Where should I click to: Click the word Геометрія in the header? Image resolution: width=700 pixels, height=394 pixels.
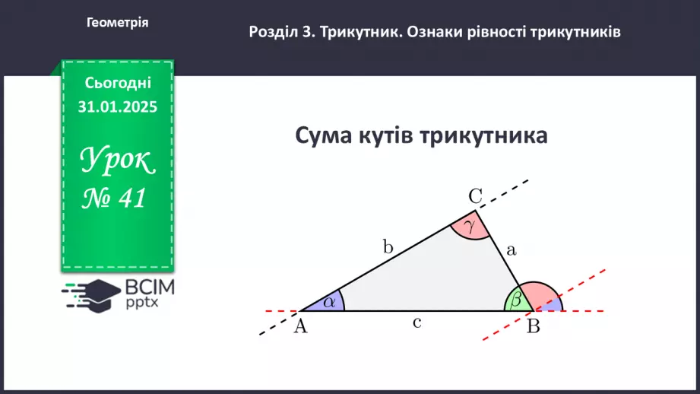(118, 23)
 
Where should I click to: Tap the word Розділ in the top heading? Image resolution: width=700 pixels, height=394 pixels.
(274, 33)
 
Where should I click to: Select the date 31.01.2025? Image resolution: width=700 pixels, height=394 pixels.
(118, 107)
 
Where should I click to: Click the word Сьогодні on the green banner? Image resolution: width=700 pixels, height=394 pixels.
(118, 83)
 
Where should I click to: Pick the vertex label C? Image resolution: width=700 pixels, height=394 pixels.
(476, 197)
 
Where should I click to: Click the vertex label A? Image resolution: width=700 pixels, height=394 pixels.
(299, 326)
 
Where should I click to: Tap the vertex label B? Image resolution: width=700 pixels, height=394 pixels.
(534, 327)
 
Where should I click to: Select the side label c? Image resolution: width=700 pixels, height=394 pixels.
(417, 323)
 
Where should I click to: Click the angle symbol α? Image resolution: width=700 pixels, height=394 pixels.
(329, 302)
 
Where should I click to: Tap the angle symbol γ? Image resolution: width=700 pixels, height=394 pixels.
(469, 226)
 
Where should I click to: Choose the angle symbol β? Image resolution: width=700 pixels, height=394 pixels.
(517, 301)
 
